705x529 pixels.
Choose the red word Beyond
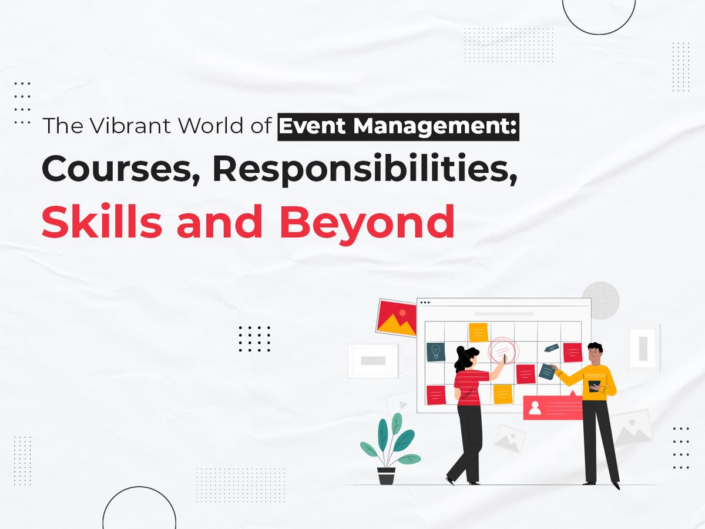point(367,222)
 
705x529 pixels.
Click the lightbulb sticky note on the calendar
point(436,351)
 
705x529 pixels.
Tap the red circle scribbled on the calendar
point(504,350)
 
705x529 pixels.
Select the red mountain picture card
point(396,318)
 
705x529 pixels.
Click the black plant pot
point(387,475)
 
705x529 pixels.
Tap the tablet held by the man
point(595,386)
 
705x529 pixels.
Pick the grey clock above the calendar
point(600,300)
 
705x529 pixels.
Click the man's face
point(595,355)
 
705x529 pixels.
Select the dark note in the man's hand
point(547,371)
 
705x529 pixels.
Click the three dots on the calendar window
point(425,303)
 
